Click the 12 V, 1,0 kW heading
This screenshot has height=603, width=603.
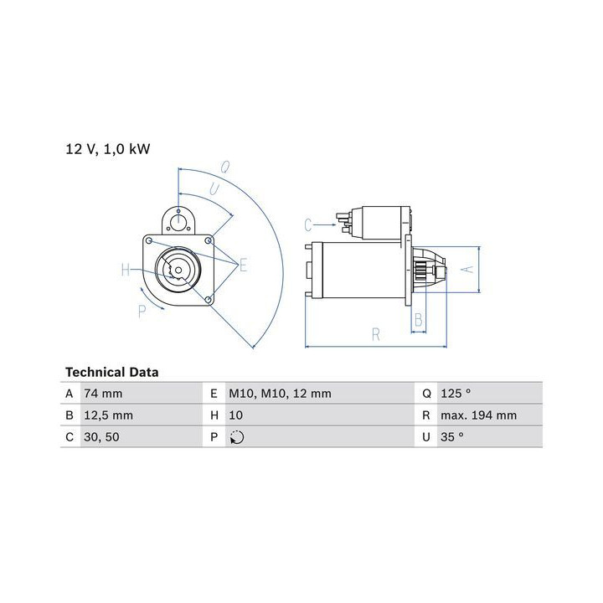pos(108,149)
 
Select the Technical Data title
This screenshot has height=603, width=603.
pos(112,372)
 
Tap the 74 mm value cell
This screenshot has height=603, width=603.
pos(103,394)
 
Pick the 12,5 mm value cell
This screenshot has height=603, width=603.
pos(108,415)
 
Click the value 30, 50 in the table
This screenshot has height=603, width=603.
pos(101,437)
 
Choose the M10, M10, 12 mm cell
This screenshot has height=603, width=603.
pos(280,394)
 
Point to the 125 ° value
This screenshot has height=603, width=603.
pos(456,394)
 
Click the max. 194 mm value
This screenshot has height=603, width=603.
pos(479,415)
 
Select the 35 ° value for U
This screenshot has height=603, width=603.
pos(452,437)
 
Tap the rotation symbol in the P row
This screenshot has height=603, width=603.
pos(237,437)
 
